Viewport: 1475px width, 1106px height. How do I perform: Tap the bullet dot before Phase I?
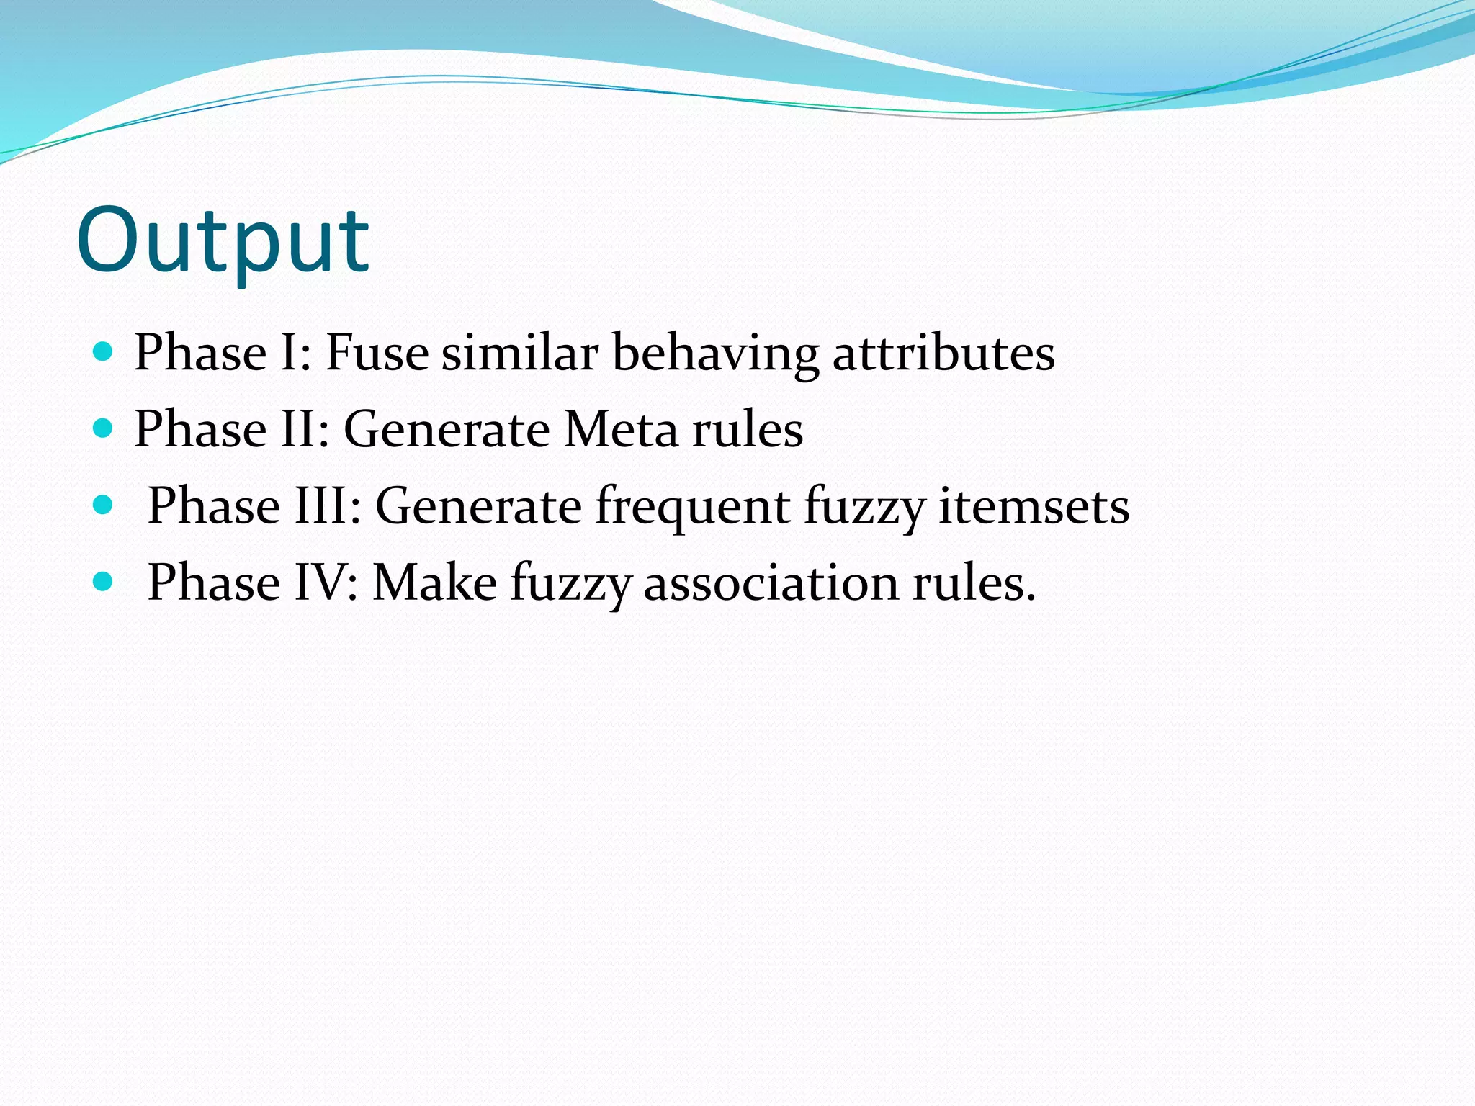click(104, 352)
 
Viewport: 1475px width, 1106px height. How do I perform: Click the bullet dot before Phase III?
click(104, 505)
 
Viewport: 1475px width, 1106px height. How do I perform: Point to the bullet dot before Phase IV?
click(104, 581)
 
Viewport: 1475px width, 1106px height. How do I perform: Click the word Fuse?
click(377, 354)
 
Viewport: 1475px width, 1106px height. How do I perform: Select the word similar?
click(520, 354)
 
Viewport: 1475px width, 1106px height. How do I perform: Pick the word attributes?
click(943, 354)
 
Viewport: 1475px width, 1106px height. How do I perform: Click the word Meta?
click(621, 430)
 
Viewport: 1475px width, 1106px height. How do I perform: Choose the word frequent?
click(693, 507)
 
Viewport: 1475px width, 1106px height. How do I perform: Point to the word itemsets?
click(1034, 506)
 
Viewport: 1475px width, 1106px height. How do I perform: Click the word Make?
click(434, 583)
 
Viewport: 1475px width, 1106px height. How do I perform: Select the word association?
click(771, 583)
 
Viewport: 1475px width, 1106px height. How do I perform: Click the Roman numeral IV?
click(319, 583)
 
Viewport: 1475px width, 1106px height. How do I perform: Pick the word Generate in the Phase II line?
click(447, 430)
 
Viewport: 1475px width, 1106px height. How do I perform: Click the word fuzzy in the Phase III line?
click(864, 508)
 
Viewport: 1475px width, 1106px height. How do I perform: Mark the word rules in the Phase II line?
click(748, 430)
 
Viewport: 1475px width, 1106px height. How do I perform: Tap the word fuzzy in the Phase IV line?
click(570, 584)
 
